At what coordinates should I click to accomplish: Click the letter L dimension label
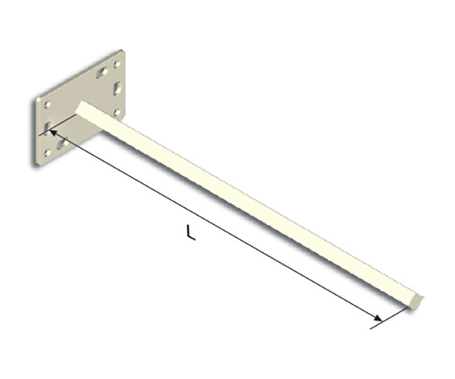(x=190, y=232)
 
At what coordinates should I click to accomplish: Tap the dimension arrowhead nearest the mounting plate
(x=53, y=133)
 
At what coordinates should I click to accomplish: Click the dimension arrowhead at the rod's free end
(x=378, y=318)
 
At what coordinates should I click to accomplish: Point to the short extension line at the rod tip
(x=389, y=319)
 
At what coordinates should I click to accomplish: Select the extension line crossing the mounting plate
(x=58, y=124)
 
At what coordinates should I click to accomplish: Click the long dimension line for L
(x=215, y=225)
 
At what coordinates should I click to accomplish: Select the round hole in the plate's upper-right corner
(x=117, y=64)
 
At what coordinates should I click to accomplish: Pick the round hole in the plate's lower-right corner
(x=117, y=112)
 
